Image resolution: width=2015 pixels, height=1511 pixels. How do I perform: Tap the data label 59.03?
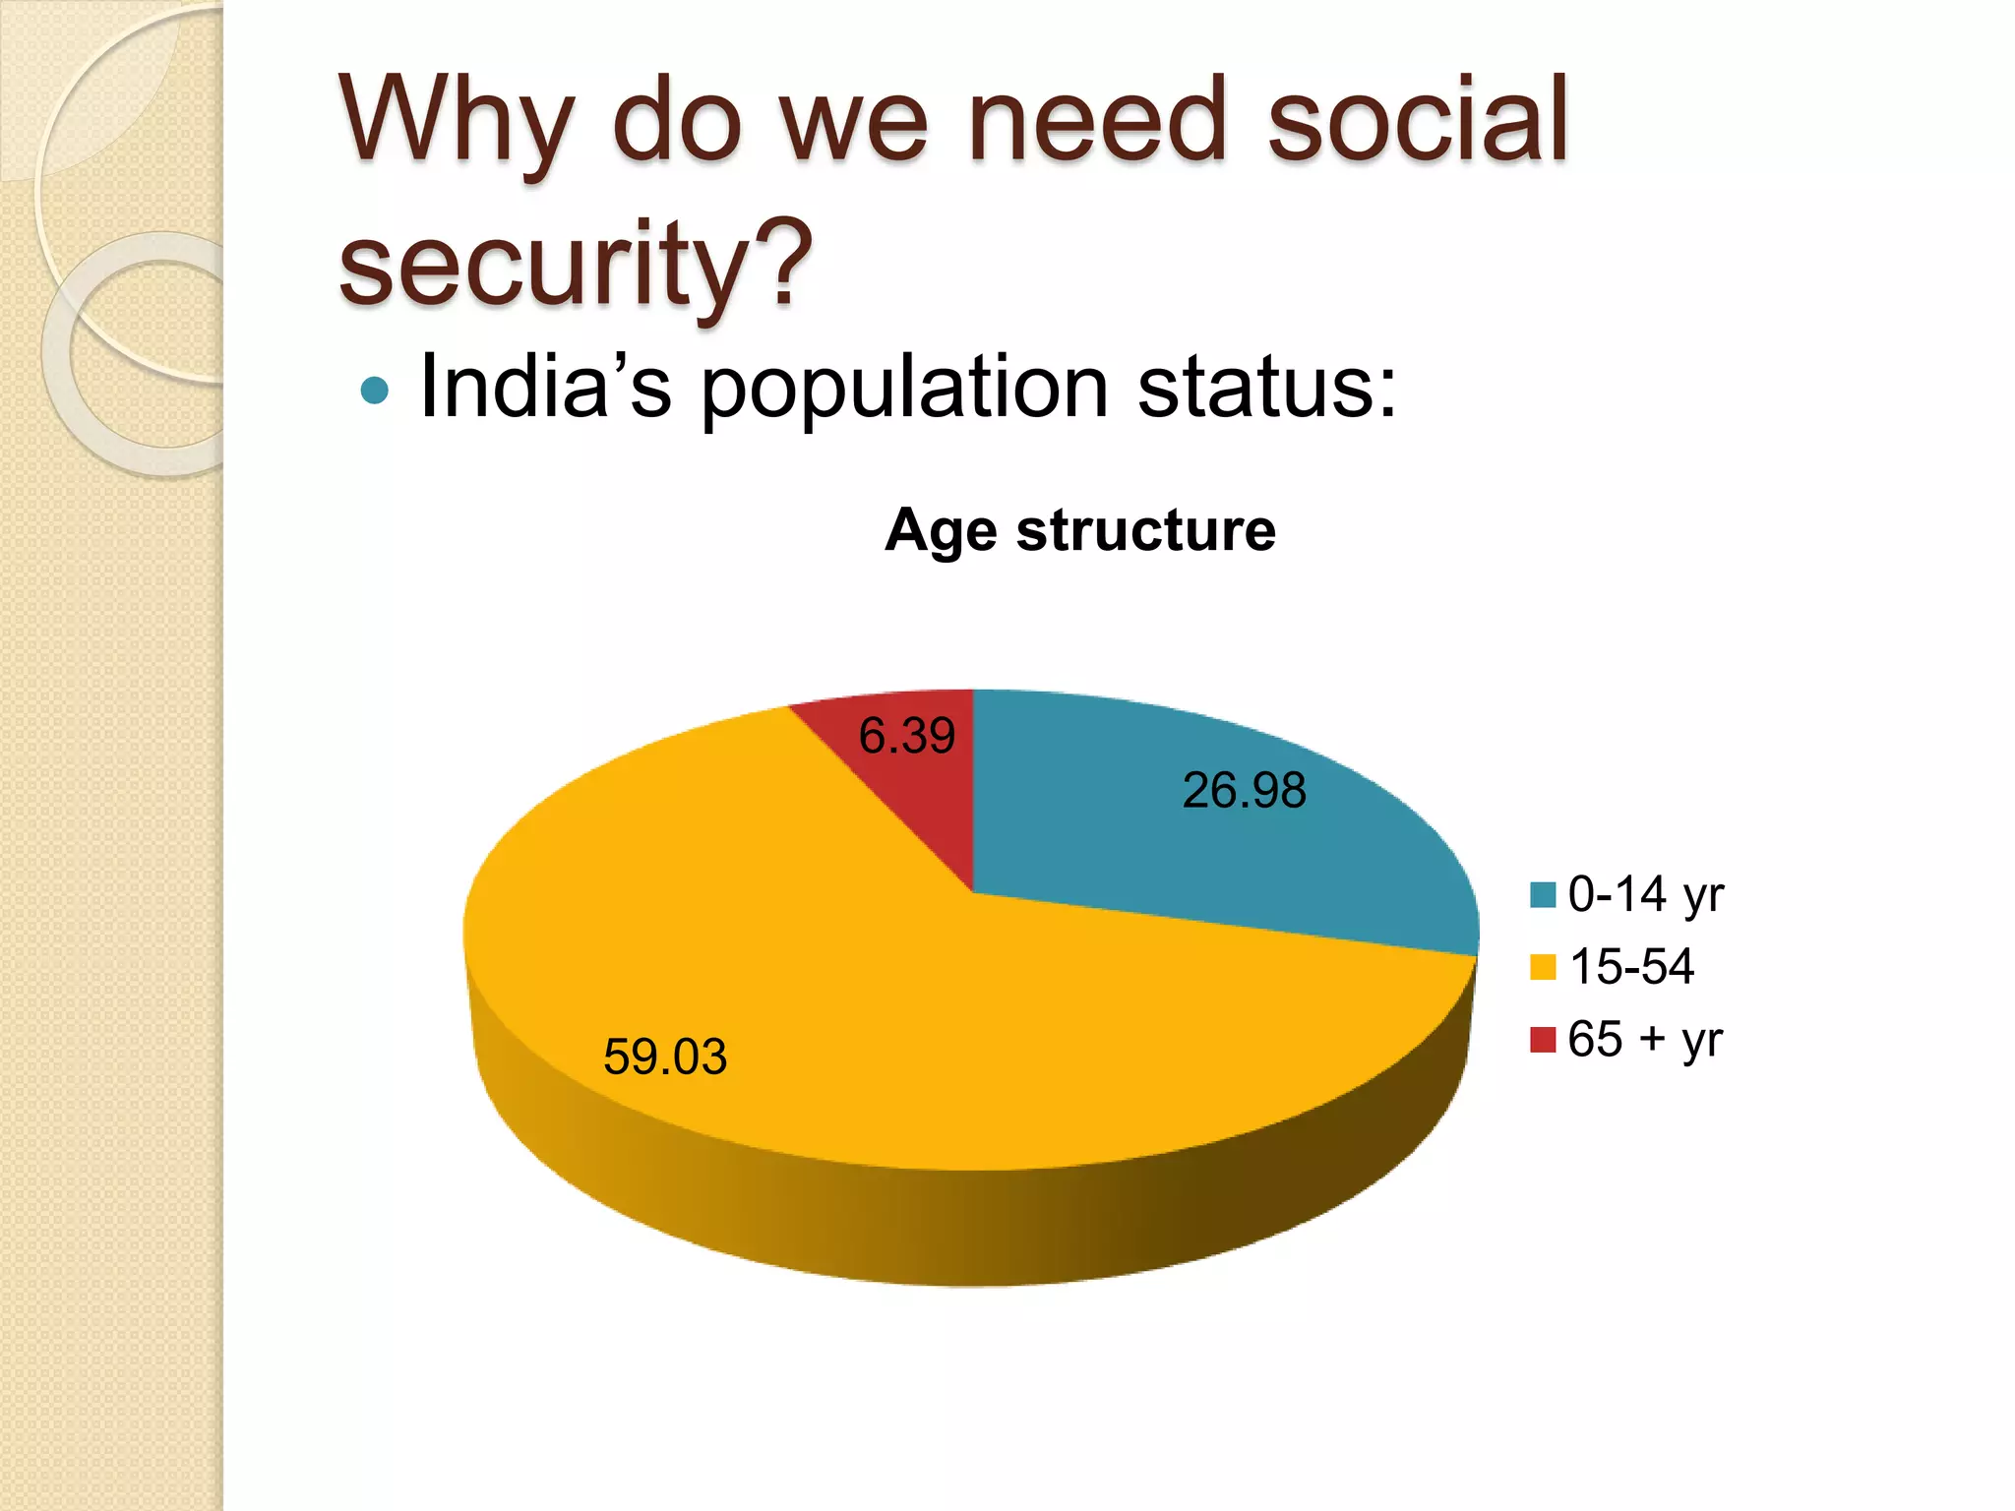coord(665,1057)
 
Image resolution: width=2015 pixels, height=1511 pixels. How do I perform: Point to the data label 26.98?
coord(1244,790)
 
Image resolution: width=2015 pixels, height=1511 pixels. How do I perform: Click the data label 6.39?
coord(906,735)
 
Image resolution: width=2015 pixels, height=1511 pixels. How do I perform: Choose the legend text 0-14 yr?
coord(1645,895)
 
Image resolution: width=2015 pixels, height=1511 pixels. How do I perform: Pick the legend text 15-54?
coord(1631,966)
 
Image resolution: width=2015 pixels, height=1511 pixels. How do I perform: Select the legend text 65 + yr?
coord(1645,1039)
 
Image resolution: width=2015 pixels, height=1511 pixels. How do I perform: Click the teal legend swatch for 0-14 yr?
coord(1543,894)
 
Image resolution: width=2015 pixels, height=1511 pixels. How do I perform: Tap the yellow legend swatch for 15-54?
coord(1543,967)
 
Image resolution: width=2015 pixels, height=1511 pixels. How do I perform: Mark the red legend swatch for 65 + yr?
coord(1543,1039)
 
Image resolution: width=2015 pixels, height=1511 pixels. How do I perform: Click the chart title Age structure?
coord(1080,530)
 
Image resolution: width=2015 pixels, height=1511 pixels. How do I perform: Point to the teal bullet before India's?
coord(375,391)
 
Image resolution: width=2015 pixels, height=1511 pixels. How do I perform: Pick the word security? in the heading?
coord(576,264)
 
